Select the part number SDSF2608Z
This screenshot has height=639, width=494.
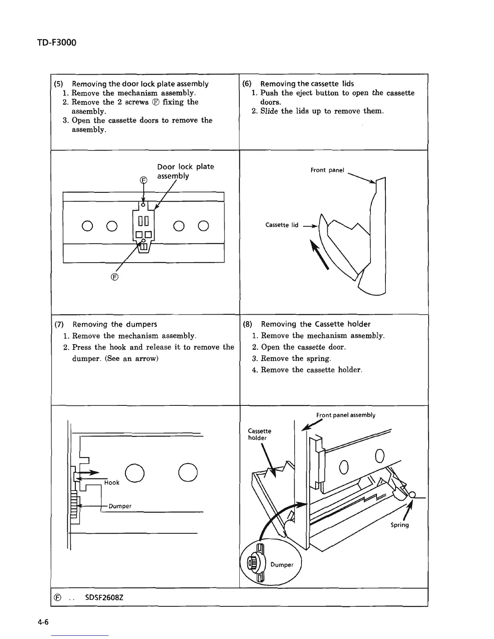pyautogui.click(x=104, y=597)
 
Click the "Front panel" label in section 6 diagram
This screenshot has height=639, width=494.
pyautogui.click(x=327, y=170)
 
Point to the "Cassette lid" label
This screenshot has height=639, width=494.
pyautogui.click(x=282, y=225)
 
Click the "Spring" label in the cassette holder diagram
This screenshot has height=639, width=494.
pyautogui.click(x=400, y=525)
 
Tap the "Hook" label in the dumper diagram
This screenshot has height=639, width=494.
pyautogui.click(x=112, y=482)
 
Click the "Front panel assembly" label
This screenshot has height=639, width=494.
pyautogui.click(x=345, y=415)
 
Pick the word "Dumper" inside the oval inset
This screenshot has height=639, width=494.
pyautogui.click(x=282, y=565)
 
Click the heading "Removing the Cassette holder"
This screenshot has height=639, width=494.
pyautogui.click(x=316, y=324)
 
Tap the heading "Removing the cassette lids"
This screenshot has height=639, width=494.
pyautogui.click(x=307, y=84)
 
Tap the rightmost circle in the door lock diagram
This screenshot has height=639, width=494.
pyautogui.click(x=203, y=226)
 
